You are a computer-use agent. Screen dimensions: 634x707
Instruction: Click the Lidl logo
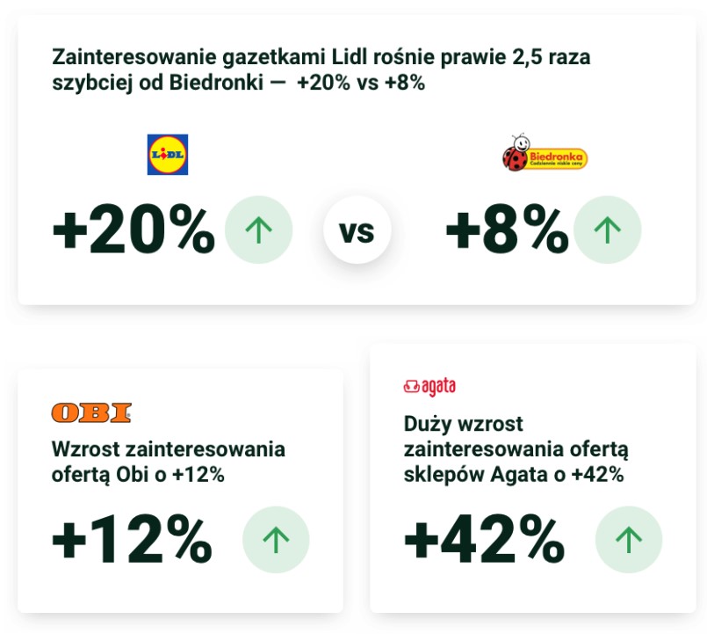(168, 155)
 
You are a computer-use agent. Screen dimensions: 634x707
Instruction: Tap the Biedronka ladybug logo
(545, 155)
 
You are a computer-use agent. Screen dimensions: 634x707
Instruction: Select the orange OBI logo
(91, 412)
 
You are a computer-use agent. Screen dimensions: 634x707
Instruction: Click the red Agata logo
(429, 386)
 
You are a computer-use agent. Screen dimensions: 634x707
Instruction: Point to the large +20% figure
(133, 231)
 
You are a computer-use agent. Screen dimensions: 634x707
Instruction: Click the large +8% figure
(507, 231)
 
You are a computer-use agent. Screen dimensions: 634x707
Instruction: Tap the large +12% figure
(132, 540)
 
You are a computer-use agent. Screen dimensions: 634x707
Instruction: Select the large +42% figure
(484, 538)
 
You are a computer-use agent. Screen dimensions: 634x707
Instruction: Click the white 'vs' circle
(357, 231)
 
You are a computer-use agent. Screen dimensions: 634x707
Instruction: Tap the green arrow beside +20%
(258, 230)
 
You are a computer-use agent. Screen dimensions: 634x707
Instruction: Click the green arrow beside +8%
(607, 230)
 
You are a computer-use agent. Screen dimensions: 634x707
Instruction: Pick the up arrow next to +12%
(276, 540)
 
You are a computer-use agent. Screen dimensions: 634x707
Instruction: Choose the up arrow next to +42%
(629, 540)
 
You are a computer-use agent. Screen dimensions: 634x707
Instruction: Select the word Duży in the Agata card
(426, 424)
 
